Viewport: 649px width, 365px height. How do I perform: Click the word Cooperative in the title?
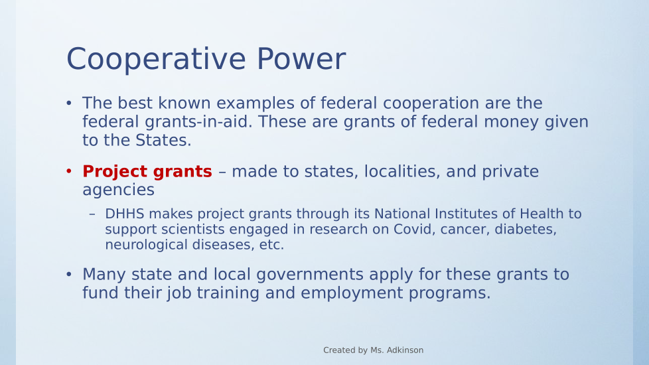coord(156,60)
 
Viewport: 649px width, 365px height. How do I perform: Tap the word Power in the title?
coord(301,59)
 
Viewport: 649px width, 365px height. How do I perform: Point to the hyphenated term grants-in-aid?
coord(198,122)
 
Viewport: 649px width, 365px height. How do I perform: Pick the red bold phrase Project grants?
coord(147,171)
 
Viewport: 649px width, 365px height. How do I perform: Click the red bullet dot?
coord(69,171)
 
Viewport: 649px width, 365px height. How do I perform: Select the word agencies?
coord(118,190)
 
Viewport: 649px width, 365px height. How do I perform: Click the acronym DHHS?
coord(125,214)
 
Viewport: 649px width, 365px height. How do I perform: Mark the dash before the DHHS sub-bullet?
coord(92,214)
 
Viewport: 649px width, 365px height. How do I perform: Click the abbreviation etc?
coord(271,245)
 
